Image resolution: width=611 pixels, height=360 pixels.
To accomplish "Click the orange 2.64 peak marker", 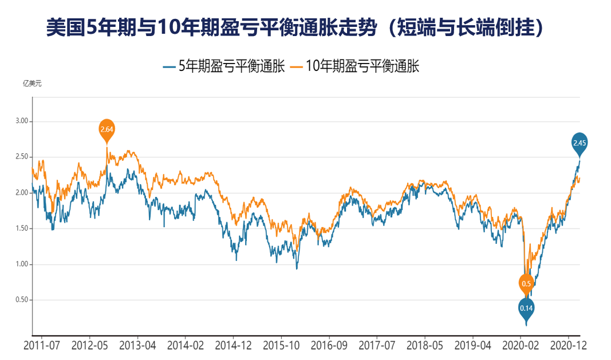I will coord(107,129).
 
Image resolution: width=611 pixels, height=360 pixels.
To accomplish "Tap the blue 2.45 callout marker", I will coord(580,143).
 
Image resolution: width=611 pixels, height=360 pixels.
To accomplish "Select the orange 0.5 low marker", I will coord(527,283).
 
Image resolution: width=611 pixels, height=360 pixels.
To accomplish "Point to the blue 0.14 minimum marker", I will coord(526,308).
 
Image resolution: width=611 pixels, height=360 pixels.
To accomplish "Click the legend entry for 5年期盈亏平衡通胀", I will coord(224,66).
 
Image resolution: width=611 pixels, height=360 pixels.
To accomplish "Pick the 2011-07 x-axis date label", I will coord(42,346).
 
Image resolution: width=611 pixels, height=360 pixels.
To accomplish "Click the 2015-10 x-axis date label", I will coord(281,346).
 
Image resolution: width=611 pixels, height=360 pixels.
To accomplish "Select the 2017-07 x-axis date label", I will coord(377,346).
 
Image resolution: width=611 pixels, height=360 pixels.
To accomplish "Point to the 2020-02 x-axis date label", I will coord(520,346).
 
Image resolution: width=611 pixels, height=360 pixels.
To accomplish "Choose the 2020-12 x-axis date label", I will coord(567,346).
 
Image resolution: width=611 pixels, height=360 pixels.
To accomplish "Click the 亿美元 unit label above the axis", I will coord(32,84).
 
